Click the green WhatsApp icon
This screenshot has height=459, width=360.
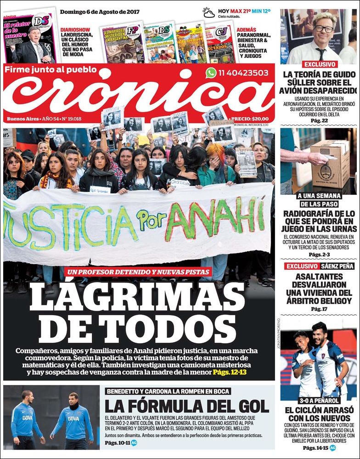[211, 73]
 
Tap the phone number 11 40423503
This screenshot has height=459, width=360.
[244, 73]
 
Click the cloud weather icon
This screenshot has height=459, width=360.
[209, 12]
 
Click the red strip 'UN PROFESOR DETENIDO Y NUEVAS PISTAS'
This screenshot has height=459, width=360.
[138, 272]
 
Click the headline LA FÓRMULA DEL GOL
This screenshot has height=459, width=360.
[186, 406]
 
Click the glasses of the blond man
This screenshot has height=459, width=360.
[325, 28]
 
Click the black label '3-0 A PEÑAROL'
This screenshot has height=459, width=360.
[319, 400]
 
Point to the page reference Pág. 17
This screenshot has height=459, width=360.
[319, 309]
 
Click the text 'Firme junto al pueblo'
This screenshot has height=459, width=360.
[51, 69]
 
